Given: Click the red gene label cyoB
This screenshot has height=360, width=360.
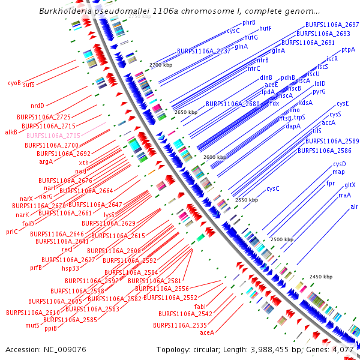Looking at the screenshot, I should click(x=14, y=83).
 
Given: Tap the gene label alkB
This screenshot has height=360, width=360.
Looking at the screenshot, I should click(x=11, y=132).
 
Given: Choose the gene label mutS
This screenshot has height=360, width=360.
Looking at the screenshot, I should click(x=32, y=326).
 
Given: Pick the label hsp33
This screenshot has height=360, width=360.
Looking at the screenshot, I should click(x=70, y=268).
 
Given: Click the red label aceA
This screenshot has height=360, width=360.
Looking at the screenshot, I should click(x=207, y=332).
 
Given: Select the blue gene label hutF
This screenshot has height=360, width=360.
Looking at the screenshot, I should click(x=265, y=28).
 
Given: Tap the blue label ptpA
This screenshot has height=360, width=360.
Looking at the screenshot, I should click(x=349, y=50).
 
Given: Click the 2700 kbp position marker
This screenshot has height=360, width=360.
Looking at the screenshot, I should click(x=161, y=64).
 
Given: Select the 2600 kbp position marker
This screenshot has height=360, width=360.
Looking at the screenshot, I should click(x=215, y=157).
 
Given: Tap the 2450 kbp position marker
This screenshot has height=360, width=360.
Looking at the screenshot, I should click(x=320, y=277).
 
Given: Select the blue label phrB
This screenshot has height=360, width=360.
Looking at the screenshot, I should click(x=249, y=22).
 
